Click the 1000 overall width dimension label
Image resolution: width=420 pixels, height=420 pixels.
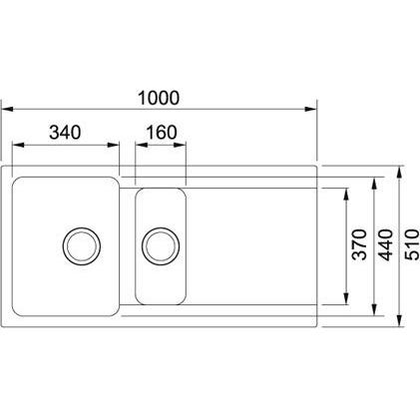click(159, 98)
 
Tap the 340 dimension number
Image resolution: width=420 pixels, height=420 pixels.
click(65, 133)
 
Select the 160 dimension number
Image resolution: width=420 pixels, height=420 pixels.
click(162, 133)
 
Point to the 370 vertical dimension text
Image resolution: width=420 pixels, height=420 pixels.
click(359, 244)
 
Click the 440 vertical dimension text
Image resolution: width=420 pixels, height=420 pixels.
click(386, 245)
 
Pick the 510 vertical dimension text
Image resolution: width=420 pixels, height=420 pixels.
click(413, 244)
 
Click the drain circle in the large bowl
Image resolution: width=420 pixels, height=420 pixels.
click(82, 246)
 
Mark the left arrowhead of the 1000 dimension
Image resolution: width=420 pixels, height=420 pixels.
click(7, 109)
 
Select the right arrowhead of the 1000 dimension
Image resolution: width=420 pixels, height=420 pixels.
click(311, 109)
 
